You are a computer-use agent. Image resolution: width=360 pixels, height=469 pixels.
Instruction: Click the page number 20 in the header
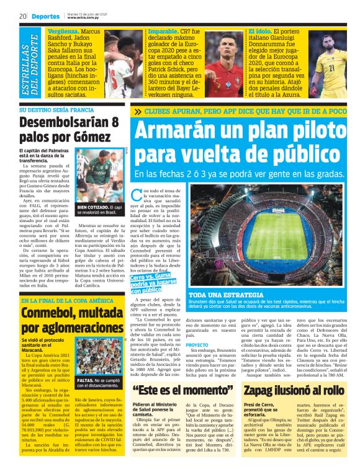tap(22, 16)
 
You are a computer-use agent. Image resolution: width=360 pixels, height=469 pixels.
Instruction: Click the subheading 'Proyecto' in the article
tap(197, 344)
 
